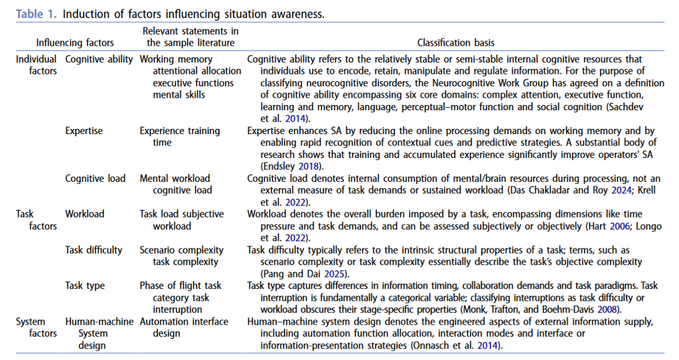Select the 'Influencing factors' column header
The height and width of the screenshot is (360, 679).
pos(75,43)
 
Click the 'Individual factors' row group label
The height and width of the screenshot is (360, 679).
pos(37,65)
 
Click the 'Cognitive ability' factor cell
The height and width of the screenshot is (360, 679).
pos(99,59)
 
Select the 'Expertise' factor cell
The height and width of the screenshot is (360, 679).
pos(84,131)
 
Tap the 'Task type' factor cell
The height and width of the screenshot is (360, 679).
pos(85,286)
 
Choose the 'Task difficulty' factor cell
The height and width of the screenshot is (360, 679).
pos(94,250)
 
